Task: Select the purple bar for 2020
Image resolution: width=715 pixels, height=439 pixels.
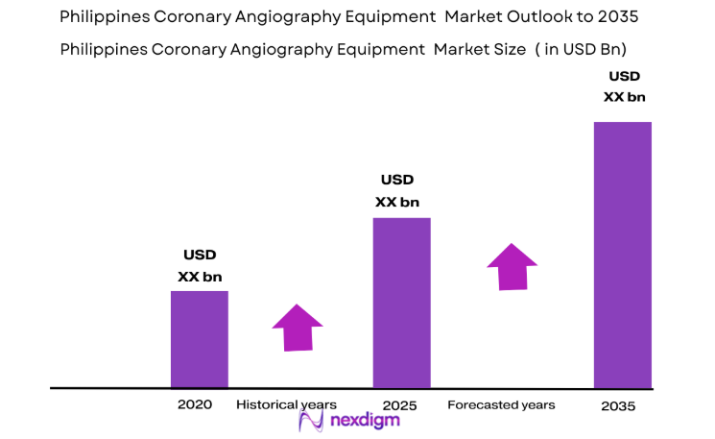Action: [x=200, y=339]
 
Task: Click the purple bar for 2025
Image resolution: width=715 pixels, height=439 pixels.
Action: [x=401, y=303]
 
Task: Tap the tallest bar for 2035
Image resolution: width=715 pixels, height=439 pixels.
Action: [x=622, y=255]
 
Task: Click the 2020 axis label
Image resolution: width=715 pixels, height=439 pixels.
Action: [x=194, y=404]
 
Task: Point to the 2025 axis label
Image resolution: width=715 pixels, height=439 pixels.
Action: [x=399, y=405]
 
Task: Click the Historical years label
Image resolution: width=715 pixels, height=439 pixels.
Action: [x=286, y=404]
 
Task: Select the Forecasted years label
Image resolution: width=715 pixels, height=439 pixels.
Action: [x=501, y=404]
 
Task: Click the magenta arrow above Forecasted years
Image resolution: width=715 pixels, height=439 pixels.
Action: [x=512, y=266]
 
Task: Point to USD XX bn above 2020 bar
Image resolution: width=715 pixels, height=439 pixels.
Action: [x=200, y=265]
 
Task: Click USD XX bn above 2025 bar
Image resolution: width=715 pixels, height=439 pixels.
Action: [x=396, y=190]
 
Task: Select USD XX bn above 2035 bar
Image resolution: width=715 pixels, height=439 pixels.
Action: [x=625, y=86]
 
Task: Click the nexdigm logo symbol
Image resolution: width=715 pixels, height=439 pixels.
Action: [x=311, y=422]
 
